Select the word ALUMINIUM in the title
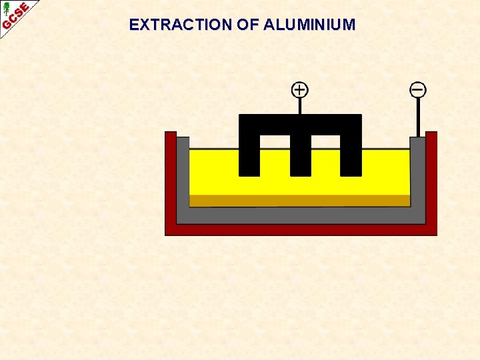click(309, 25)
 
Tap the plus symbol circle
click(300, 89)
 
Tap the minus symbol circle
click(418, 89)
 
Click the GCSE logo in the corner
click(15, 15)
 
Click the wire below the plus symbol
click(300, 106)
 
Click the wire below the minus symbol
click(418, 117)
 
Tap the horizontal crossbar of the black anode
click(300, 124)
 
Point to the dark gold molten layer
click(299, 201)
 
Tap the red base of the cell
click(301, 229)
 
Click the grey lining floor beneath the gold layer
click(299, 215)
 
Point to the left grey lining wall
click(183, 177)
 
